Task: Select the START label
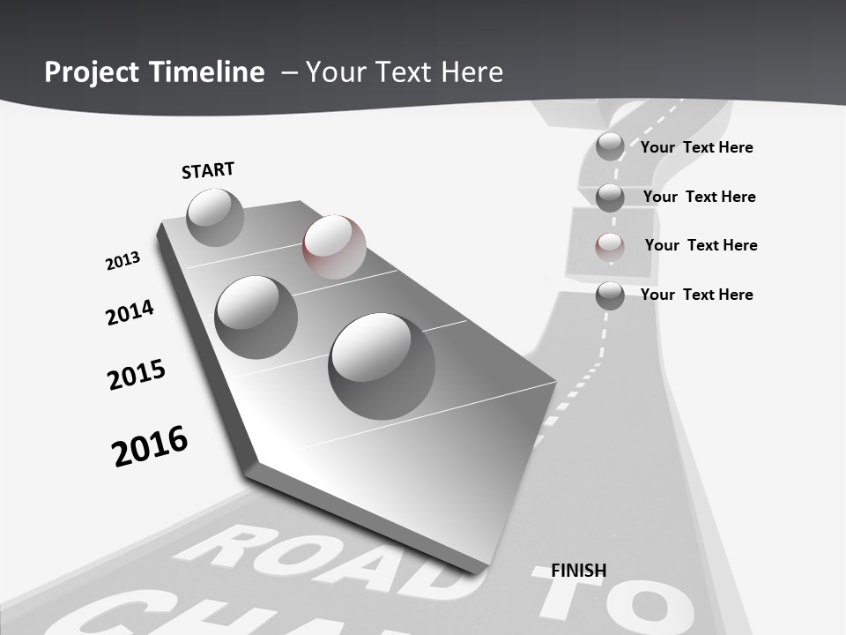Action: [x=208, y=170]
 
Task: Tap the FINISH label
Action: [x=579, y=571]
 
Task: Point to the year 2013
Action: [x=122, y=261]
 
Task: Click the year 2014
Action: [x=130, y=312]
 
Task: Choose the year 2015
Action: [x=137, y=375]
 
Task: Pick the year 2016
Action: [x=150, y=446]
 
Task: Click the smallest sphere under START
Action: [x=215, y=217]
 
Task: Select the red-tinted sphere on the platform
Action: [x=334, y=247]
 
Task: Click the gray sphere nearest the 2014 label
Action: [x=256, y=317]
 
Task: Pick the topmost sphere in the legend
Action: [x=610, y=146]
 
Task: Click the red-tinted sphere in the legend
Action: [x=610, y=246]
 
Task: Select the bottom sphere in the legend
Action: [x=610, y=295]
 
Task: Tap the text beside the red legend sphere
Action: [x=701, y=245]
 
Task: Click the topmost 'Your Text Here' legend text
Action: [x=696, y=147]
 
